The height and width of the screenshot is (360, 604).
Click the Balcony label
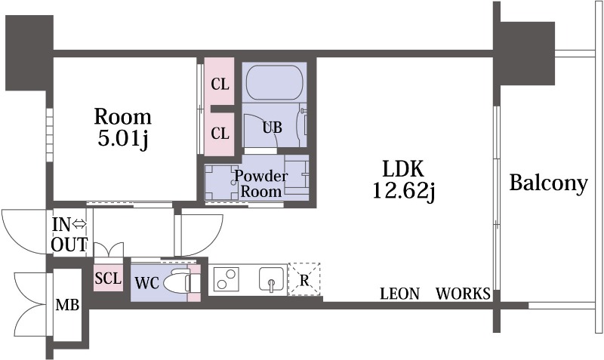tap(547, 183)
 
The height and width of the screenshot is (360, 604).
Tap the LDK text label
tap(404, 168)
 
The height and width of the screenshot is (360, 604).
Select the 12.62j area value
tap(404, 191)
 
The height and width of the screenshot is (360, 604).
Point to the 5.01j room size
tap(122, 140)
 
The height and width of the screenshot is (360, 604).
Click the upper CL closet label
tap(220, 84)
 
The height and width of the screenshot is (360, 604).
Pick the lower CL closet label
tap(220, 134)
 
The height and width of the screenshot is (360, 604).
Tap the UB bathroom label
tap(272, 127)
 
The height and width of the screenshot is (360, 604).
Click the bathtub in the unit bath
tap(274, 81)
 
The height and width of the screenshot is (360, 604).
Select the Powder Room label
tap(260, 183)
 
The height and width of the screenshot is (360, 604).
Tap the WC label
tap(146, 283)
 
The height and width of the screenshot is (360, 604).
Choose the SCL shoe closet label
tap(108, 278)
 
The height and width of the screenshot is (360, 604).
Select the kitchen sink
tap(270, 279)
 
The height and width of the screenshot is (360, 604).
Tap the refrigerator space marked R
tap(304, 279)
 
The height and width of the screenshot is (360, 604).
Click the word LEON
tap(399, 294)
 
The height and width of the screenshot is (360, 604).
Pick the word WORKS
tap(463, 294)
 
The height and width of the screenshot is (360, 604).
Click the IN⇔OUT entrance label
tap(69, 234)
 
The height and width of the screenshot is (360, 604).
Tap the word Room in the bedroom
tap(122, 117)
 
